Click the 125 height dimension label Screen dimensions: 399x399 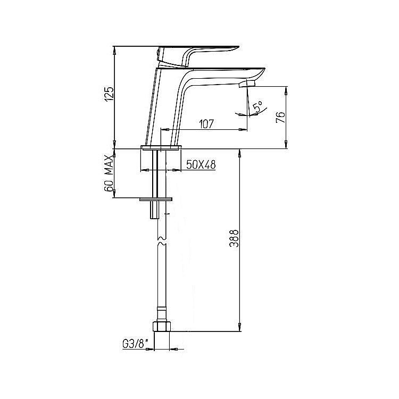109,94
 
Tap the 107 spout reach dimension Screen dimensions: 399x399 206,124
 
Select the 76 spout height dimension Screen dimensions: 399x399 281,117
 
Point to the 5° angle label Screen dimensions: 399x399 258,106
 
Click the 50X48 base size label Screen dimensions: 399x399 201,165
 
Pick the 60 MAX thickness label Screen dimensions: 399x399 109,173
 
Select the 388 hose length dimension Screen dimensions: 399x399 234,238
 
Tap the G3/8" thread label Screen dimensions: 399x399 135,344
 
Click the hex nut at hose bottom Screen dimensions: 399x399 162,327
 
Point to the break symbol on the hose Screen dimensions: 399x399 162,241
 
